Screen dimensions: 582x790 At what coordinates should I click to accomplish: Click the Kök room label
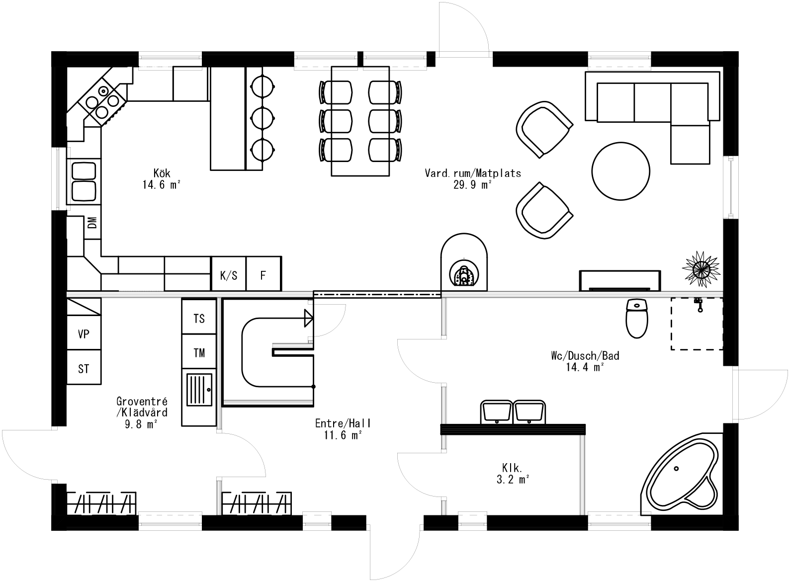(x=162, y=173)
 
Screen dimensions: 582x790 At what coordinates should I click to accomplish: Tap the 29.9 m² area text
(x=472, y=185)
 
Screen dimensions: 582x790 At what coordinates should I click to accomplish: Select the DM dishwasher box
(x=92, y=223)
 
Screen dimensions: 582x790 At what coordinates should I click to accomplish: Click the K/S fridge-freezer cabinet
(x=229, y=274)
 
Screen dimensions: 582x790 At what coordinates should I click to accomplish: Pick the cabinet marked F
(x=263, y=274)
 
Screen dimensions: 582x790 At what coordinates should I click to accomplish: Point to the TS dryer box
(x=199, y=318)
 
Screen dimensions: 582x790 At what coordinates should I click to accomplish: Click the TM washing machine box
(x=199, y=353)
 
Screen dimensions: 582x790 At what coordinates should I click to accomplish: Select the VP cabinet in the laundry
(x=84, y=334)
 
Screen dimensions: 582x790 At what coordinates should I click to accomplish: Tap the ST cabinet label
(x=84, y=369)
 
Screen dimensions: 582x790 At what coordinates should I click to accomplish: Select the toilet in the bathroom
(x=636, y=319)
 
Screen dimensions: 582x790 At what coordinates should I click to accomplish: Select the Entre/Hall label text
(x=343, y=423)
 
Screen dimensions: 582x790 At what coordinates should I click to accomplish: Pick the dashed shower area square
(x=697, y=324)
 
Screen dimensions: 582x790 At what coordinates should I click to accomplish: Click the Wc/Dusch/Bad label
(x=585, y=356)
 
